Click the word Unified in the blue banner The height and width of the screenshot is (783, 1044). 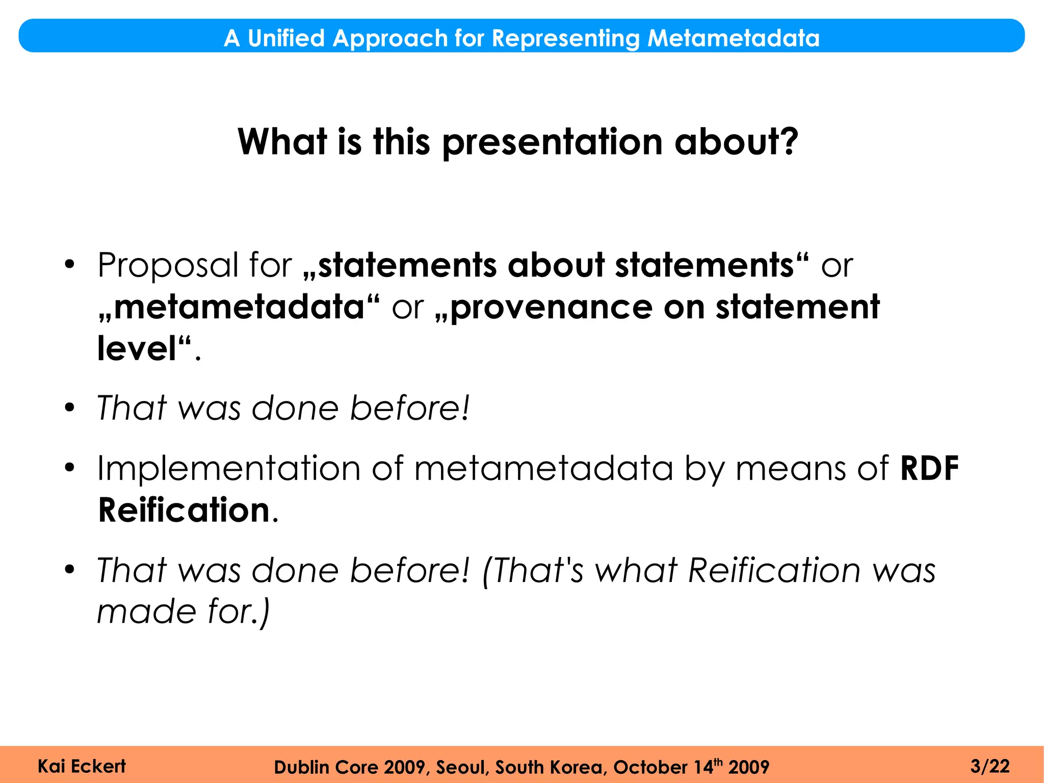(286, 38)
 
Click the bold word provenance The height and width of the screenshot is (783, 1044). (551, 308)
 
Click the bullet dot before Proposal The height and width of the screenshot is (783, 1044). (70, 265)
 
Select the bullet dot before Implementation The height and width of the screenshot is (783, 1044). (70, 468)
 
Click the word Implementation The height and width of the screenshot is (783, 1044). (228, 468)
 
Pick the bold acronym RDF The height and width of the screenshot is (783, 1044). (929, 468)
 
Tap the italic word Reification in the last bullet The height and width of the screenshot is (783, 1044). (774, 570)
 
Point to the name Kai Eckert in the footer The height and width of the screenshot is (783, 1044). (82, 766)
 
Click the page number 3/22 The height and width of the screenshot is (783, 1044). (989, 766)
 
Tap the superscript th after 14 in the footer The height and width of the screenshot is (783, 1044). (718, 762)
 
